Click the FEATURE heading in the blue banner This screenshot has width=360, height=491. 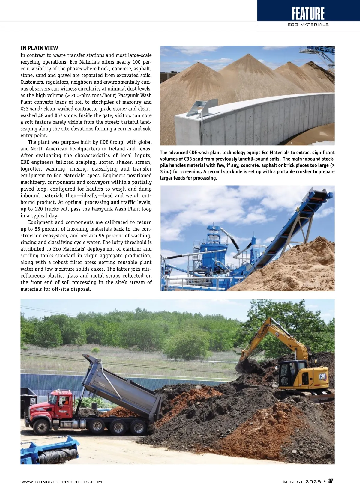[308, 13]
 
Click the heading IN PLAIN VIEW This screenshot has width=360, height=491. [39, 48]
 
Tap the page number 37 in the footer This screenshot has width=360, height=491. [331, 481]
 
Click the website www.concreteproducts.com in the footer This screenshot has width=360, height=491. [61, 482]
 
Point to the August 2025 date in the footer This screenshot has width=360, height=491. [301, 481]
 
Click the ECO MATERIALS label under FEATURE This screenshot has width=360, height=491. [308, 25]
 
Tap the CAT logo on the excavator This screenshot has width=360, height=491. [323, 377]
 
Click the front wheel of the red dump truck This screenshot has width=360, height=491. [41, 427]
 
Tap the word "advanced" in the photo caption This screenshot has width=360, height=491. [179, 153]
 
